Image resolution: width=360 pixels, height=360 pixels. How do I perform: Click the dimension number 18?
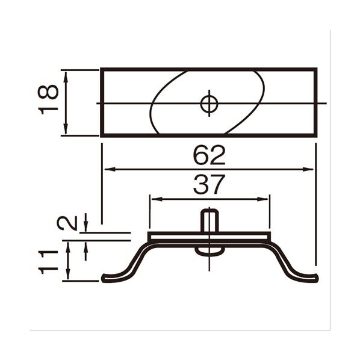coord(48,100)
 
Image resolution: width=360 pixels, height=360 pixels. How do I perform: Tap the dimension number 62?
coord(209,155)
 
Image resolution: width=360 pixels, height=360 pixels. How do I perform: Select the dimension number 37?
coord(209,185)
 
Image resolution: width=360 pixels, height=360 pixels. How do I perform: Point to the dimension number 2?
coord(67,223)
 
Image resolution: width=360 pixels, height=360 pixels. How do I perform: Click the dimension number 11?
coord(48,262)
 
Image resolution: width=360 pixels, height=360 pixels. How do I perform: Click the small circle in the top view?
coord(209,104)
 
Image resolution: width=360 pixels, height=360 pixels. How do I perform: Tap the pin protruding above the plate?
coord(209,220)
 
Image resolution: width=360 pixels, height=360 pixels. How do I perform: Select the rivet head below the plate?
coord(209,251)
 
